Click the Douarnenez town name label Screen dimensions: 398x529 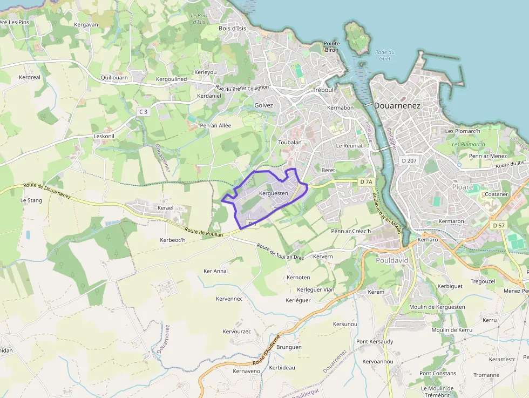397,106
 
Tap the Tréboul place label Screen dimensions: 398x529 324,90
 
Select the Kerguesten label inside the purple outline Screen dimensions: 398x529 274,193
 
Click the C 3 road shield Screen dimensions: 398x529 143,112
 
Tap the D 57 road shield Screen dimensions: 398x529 498,225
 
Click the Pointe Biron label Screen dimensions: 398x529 331,47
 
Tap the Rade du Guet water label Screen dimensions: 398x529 384,55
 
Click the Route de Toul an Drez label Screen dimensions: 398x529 280,252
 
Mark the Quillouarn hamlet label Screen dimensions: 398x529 114,77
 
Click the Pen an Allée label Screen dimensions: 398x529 215,125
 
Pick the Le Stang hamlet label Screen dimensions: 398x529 31,200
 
